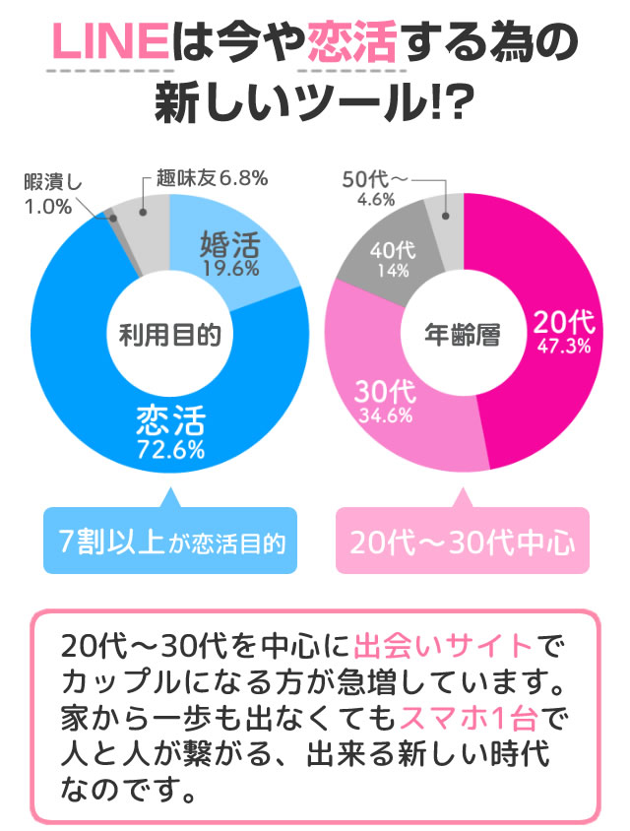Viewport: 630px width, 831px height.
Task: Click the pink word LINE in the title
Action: tap(107, 43)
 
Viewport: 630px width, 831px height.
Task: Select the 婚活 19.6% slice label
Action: tap(228, 252)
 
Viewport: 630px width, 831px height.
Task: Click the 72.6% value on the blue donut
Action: tap(170, 451)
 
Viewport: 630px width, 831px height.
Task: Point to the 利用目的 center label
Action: tap(169, 336)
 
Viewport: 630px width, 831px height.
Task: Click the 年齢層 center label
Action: tap(463, 336)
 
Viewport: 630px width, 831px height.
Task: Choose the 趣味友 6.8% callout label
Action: tap(211, 178)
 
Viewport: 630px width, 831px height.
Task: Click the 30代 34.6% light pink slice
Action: tap(384, 399)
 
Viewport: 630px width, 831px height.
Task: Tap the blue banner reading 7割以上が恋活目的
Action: tap(170, 542)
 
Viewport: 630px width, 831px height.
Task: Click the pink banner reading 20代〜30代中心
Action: tap(463, 542)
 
